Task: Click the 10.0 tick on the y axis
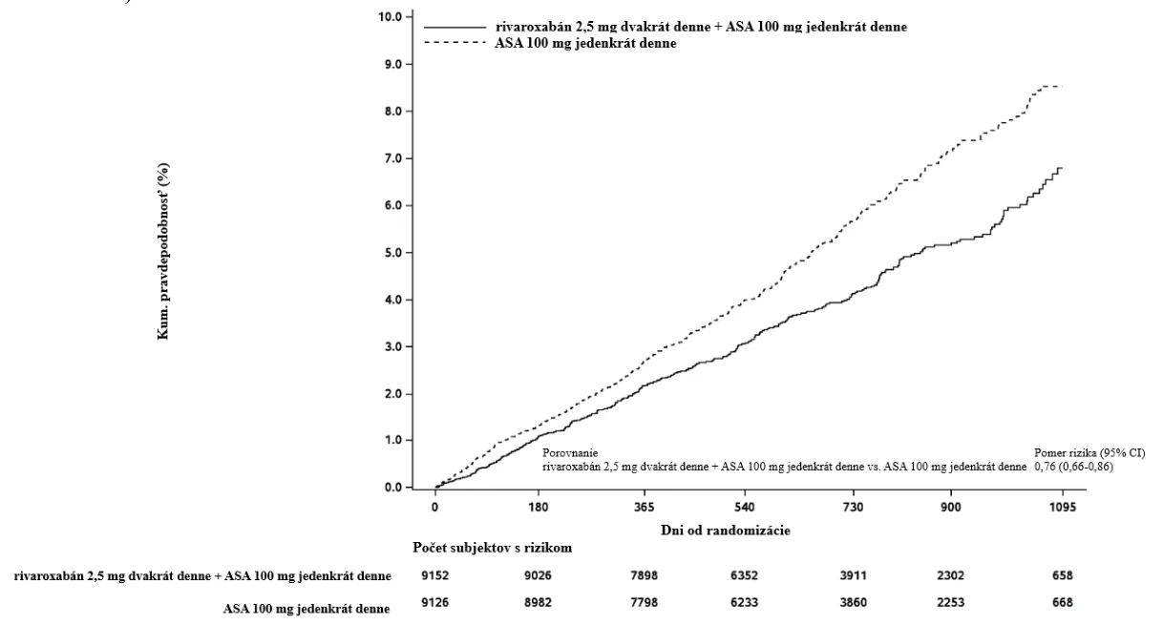click(391, 16)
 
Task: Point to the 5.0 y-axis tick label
click(392, 253)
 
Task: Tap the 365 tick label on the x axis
click(645, 507)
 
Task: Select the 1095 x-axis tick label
click(1063, 507)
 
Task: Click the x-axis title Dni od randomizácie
click(726, 531)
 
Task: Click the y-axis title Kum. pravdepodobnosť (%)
click(163, 252)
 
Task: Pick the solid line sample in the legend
click(455, 27)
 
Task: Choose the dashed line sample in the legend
click(455, 43)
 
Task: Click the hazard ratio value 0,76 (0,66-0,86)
click(1073, 467)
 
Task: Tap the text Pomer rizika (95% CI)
click(1089, 453)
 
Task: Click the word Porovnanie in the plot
click(570, 453)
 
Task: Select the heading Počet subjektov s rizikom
click(492, 548)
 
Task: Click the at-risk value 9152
click(435, 575)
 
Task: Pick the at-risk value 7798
click(644, 603)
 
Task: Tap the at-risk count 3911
click(853, 575)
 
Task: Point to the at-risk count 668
click(1063, 603)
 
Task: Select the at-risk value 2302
click(951, 575)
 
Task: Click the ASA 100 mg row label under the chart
click(307, 609)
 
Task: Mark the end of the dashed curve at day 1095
click(1063, 86)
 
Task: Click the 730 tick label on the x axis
click(853, 507)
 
